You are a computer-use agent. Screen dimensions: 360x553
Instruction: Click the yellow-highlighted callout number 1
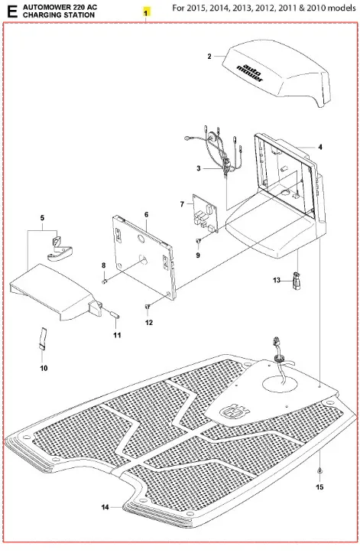coord(146,13)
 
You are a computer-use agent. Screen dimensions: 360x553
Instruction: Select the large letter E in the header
coord(11,11)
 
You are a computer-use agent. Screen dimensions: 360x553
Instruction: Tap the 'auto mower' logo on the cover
coord(250,72)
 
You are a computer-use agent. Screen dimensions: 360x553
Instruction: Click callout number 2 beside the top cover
coord(209,56)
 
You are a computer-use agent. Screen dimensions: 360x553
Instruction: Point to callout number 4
coord(319,147)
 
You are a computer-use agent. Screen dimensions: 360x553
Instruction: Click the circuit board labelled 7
coord(205,214)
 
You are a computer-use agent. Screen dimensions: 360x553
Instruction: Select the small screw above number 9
coord(198,241)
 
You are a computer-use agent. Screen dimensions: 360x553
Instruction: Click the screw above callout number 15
coord(319,470)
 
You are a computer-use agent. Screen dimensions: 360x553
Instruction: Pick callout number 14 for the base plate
coord(105,507)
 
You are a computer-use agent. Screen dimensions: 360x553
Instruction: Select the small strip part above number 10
coord(42,338)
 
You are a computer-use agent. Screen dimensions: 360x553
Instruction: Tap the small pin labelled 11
coord(115,314)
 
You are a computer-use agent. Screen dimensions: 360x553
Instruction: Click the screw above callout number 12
coord(148,307)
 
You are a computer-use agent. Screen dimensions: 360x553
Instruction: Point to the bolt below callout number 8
coord(105,281)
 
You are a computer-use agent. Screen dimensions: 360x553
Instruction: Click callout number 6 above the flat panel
coord(146,214)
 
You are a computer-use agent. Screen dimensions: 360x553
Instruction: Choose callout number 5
coord(42,217)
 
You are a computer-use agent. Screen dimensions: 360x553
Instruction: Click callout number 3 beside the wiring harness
coord(199,168)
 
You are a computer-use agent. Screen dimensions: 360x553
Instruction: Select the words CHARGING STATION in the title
coord(59,15)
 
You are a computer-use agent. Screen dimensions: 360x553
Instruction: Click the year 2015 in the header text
coord(196,8)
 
